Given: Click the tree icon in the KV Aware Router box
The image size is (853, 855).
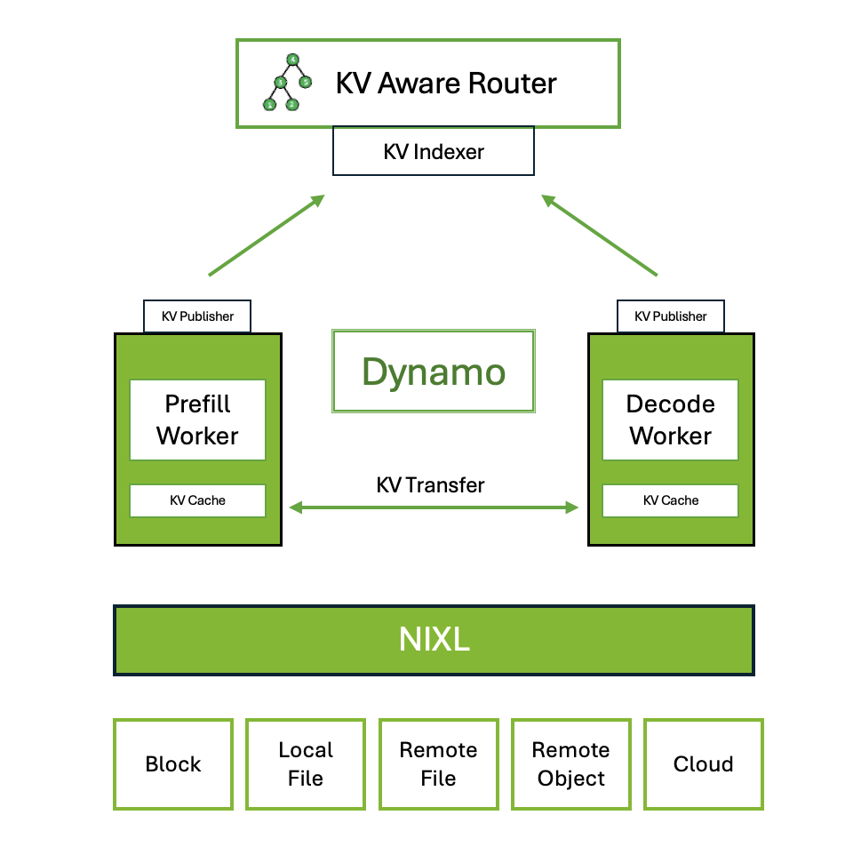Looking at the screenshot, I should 287,83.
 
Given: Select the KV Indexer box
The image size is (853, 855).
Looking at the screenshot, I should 433,151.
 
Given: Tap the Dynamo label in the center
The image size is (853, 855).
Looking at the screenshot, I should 433,372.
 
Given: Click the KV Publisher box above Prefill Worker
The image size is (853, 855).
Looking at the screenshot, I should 197,316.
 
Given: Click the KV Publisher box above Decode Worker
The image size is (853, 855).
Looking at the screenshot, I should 670,316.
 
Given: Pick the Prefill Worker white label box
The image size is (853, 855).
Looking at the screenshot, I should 197,420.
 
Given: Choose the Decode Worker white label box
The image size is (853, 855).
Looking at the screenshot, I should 670,420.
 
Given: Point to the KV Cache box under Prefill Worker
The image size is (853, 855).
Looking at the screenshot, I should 197,500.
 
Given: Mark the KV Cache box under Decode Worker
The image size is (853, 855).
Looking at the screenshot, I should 670,500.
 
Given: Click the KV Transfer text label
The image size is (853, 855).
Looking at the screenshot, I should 431,485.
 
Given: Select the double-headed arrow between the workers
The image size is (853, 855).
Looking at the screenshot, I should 434,507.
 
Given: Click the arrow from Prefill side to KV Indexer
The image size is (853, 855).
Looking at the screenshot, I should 266,236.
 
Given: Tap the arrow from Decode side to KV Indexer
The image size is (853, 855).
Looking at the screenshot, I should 600,236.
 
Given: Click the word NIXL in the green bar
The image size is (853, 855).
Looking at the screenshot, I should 434,640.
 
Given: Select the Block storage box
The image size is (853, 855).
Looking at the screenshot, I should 173,764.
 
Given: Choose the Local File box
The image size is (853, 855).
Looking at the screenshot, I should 306,764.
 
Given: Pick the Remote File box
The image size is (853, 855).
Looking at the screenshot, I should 438,764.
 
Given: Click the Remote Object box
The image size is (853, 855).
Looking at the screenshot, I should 570,764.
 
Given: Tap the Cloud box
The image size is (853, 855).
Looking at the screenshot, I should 703,764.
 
